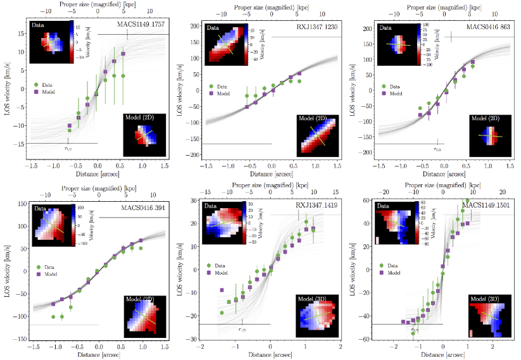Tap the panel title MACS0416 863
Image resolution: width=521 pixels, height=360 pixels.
(487, 27)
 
